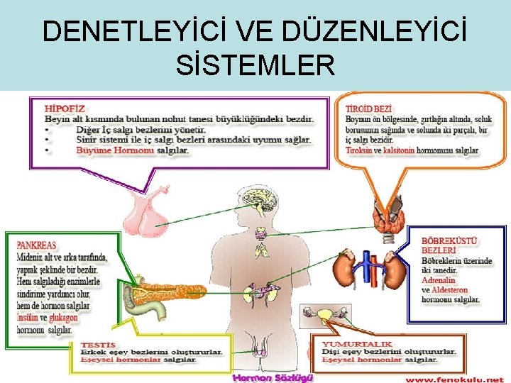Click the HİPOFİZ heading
60,109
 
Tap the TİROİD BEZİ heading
368,109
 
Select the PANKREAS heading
37,245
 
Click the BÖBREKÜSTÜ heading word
449,240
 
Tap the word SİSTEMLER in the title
255,66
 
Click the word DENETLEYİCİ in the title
128,32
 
